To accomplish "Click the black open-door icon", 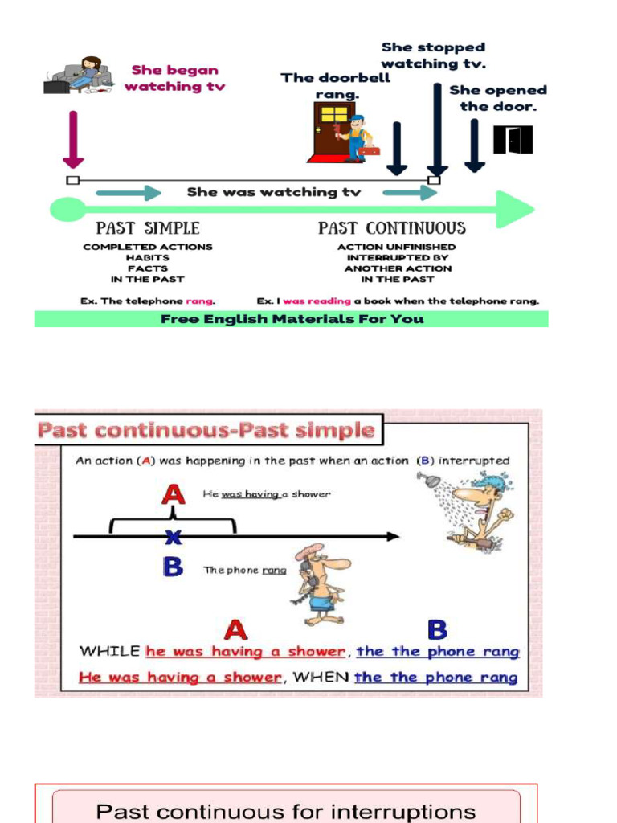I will point(513,140).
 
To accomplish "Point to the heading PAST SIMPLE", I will point(148,228).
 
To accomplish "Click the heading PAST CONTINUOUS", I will point(391,228).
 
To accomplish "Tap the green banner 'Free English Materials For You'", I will point(291,319).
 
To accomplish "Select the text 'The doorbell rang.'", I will point(336,86).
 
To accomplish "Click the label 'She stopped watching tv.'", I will point(433,55).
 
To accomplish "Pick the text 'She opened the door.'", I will point(497,98).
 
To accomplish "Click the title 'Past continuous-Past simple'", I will point(206,430).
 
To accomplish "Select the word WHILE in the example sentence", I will point(110,651).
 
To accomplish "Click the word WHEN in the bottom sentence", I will point(321,677).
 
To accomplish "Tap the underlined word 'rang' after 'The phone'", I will point(274,571).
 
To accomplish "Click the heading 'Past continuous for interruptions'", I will point(285,810).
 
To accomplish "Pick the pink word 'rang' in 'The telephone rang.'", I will point(200,301).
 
